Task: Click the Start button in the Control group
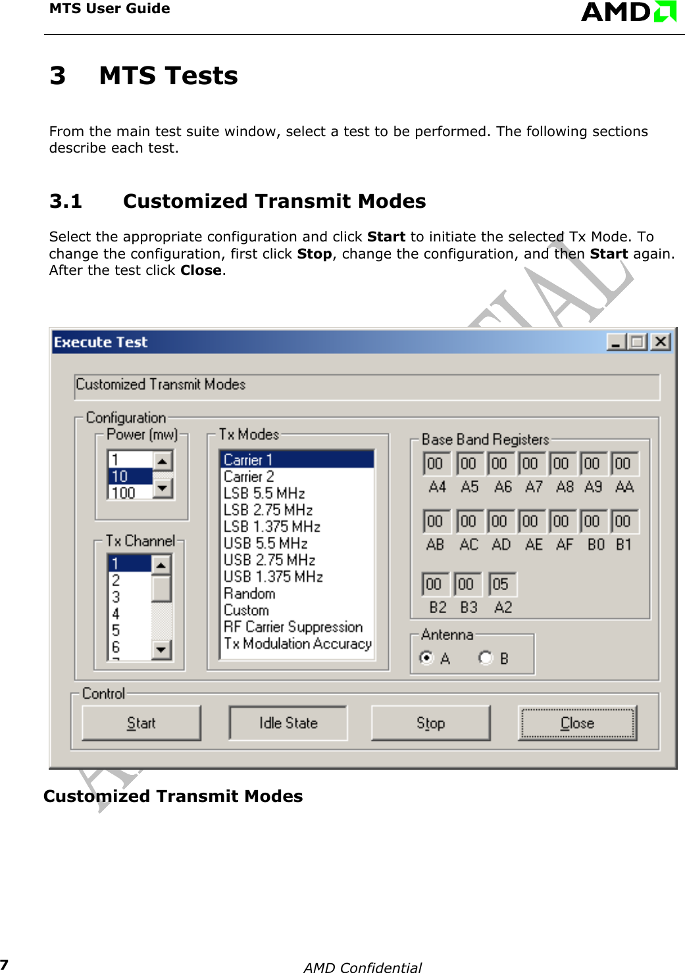(x=141, y=723)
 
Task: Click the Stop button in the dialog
(x=430, y=723)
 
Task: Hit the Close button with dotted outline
(x=577, y=723)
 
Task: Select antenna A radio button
(x=427, y=658)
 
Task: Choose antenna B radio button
(x=486, y=658)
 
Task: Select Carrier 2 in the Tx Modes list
(x=249, y=476)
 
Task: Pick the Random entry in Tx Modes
(x=249, y=593)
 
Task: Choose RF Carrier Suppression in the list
(x=293, y=627)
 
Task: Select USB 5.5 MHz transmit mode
(x=265, y=543)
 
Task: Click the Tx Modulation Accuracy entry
(x=297, y=643)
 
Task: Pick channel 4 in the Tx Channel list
(x=116, y=614)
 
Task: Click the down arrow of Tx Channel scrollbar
(x=161, y=650)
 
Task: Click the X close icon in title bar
(x=660, y=341)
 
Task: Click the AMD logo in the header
(x=628, y=12)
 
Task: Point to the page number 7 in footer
(x=4, y=964)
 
